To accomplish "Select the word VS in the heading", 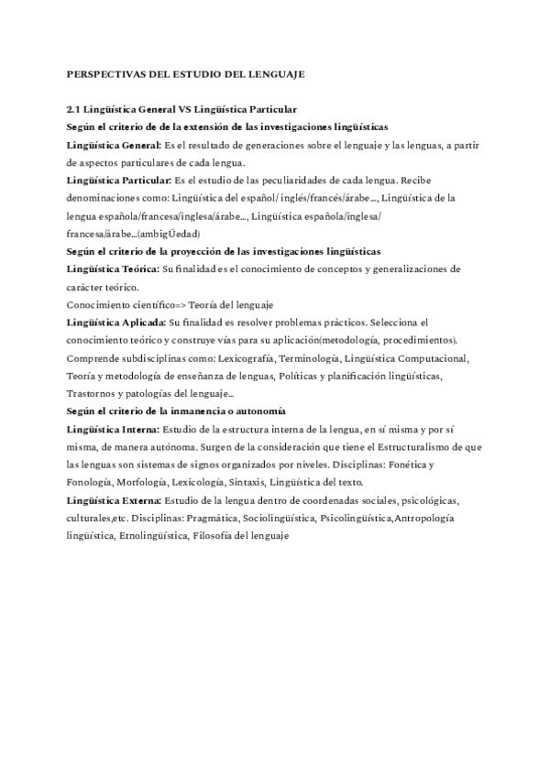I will (x=191, y=110).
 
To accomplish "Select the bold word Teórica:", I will (x=136, y=268).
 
